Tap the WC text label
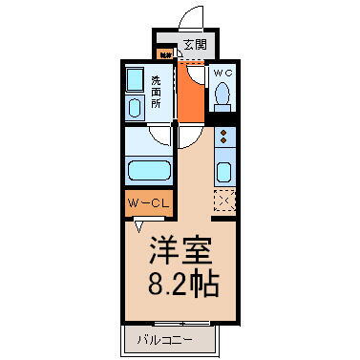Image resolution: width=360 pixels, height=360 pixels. pyautogui.click(x=222, y=73)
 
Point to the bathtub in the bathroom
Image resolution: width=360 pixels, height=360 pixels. pyautogui.click(x=148, y=172)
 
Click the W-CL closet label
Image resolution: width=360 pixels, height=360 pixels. pyautogui.click(x=144, y=203)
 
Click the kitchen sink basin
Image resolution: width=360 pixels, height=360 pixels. pyautogui.click(x=225, y=172)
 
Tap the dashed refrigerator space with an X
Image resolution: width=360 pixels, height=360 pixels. pyautogui.click(x=225, y=201)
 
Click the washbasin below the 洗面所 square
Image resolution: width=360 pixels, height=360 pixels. pyautogui.click(x=134, y=107)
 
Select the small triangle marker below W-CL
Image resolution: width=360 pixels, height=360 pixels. pyautogui.click(x=140, y=226)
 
